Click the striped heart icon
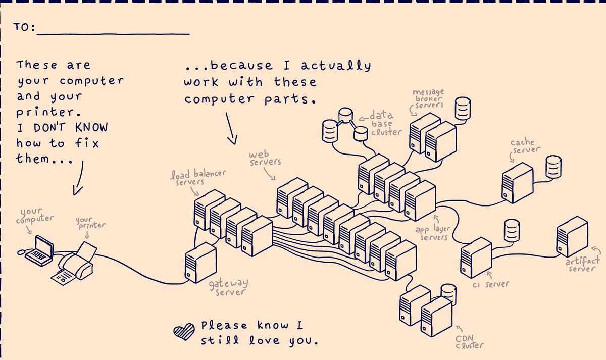184,331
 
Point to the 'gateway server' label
228,288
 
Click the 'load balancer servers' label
197,178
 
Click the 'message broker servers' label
428,98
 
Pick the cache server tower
517,182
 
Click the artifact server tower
572,236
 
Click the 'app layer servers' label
432,233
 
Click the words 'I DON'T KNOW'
62,127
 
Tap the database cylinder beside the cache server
553,166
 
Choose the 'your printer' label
91,223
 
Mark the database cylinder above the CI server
511,230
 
